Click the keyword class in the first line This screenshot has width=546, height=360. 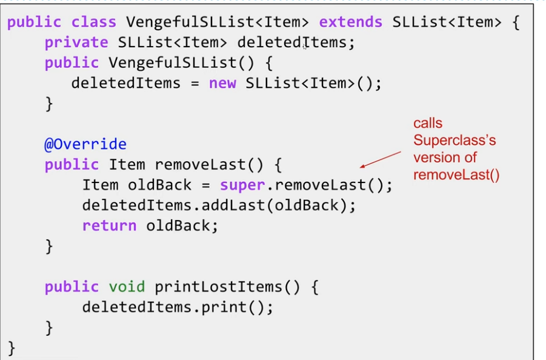coord(93,22)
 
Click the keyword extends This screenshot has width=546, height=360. coord(350,22)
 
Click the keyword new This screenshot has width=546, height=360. coord(222,83)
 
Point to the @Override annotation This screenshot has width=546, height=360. coord(85,144)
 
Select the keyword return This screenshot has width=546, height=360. coord(109,225)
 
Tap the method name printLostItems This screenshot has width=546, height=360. coord(219,286)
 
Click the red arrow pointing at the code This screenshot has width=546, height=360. coord(381,159)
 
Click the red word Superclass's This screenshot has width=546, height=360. coord(454,141)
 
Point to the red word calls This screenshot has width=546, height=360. coord(428,124)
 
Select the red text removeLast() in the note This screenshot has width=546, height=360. coord(456,175)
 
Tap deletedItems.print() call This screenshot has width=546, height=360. coord(178,307)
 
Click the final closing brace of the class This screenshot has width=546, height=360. coord(12,347)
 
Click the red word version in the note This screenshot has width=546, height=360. coord(436,158)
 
